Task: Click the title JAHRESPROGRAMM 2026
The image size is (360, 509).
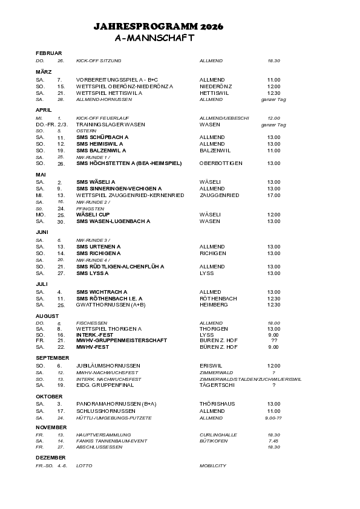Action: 159,27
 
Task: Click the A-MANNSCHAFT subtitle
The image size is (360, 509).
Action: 154,37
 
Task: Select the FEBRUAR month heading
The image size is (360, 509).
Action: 48,54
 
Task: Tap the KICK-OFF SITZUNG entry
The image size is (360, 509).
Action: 99,61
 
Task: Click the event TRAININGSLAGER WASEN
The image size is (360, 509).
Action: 110,124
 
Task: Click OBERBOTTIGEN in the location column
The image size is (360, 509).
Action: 221,163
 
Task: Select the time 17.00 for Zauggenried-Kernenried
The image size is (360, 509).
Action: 273,195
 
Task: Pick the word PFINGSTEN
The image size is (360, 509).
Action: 88,209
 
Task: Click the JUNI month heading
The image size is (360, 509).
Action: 42,232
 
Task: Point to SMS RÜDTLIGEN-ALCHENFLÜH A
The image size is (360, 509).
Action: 120,266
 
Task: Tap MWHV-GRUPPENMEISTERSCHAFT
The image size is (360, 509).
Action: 122,340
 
